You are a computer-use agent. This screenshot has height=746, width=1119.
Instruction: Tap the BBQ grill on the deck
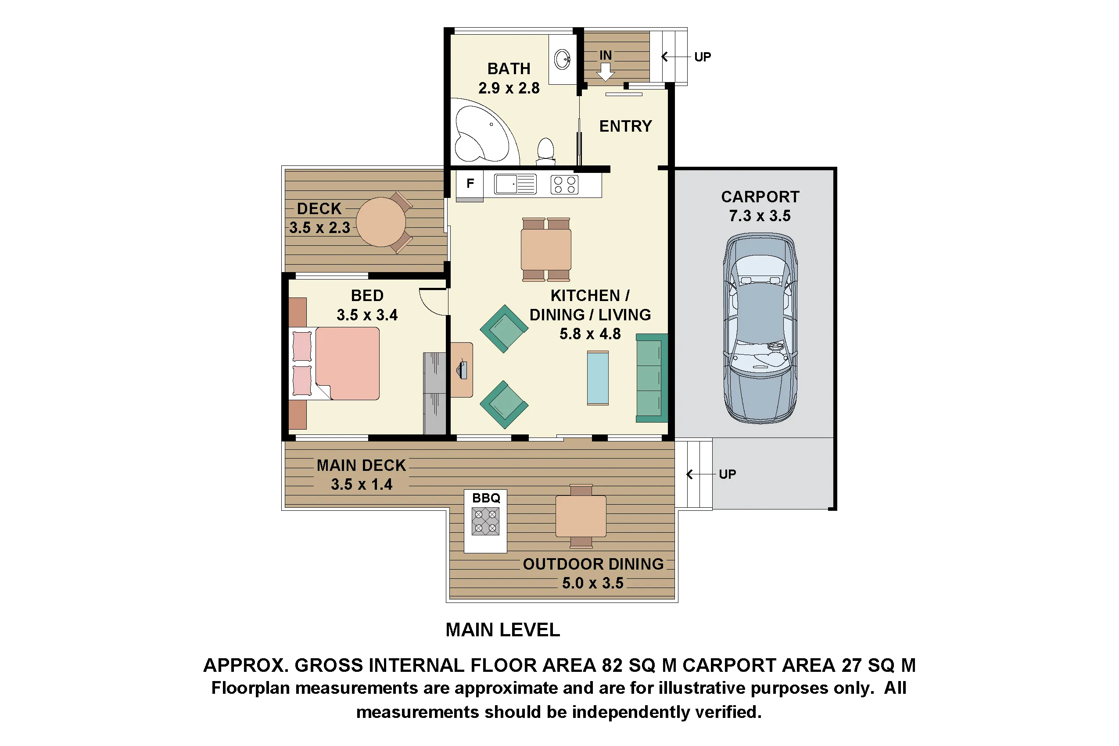point(485,521)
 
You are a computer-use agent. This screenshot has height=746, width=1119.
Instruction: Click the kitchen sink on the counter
point(515,184)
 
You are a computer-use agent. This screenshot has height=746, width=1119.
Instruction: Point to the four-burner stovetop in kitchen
point(564,185)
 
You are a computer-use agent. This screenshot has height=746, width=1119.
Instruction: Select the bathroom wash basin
point(563,60)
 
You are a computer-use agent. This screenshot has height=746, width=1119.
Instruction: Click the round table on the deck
point(380,222)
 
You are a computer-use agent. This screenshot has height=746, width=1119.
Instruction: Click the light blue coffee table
point(598,378)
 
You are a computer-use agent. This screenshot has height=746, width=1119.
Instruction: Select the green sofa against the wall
point(651,378)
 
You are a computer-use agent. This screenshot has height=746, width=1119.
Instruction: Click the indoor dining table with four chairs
point(546,249)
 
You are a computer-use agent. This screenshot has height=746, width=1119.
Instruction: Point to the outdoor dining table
point(581,516)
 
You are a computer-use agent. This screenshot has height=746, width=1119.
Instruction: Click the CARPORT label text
point(760,197)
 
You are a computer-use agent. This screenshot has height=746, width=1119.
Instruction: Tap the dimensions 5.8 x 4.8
point(590,334)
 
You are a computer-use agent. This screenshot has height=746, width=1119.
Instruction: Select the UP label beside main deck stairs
point(727,474)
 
